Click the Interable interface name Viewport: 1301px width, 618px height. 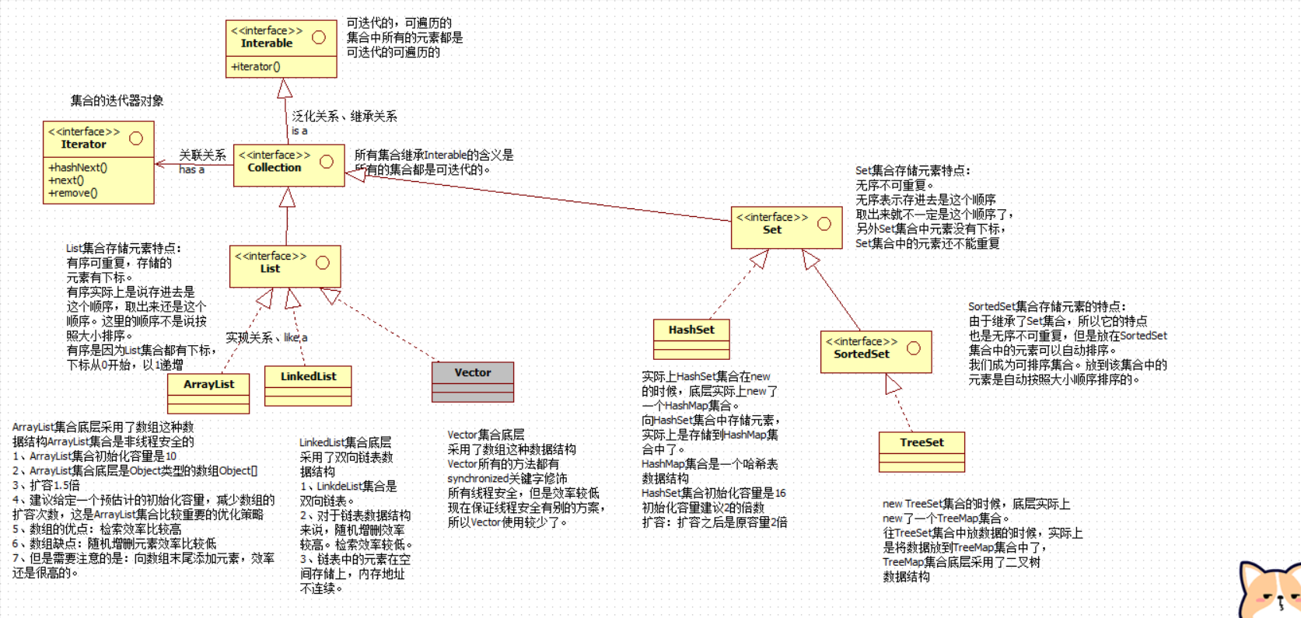tap(267, 44)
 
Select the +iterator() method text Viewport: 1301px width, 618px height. tap(256, 67)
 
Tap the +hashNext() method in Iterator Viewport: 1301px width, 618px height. tap(78, 167)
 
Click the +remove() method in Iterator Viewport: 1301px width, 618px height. tap(73, 193)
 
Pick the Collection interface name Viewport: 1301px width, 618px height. tap(274, 168)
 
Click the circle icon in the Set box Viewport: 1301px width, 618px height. tap(824, 224)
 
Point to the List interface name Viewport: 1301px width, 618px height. tap(270, 269)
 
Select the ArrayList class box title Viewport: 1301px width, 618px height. tap(208, 384)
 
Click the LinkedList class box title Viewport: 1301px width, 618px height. tap(308, 376)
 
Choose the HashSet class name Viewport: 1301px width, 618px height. tap(691, 330)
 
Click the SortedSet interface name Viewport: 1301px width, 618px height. tap(861, 354)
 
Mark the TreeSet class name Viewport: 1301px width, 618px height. tap(922, 442)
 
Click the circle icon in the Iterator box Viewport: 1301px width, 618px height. tap(136, 138)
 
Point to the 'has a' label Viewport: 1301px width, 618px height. tap(191, 169)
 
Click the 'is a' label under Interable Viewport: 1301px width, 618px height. tap(299, 131)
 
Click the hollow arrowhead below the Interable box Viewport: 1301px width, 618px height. tap(285, 88)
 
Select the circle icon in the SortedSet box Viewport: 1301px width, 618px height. tap(914, 348)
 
